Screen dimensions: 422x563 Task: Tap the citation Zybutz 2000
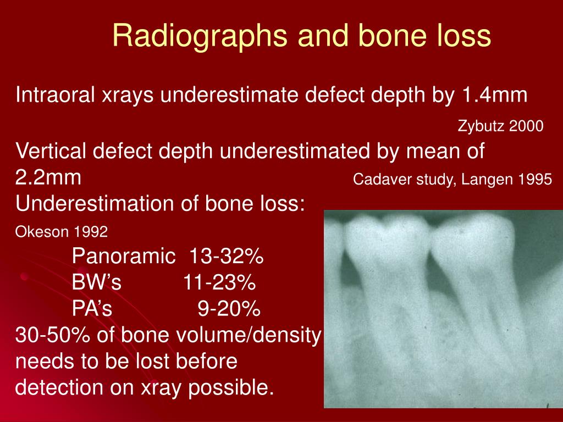click(500, 126)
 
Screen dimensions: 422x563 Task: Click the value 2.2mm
click(49, 178)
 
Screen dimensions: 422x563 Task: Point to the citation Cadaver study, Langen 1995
click(452, 180)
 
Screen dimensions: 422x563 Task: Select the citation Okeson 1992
click(62, 232)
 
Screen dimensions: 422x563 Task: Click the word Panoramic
click(119, 256)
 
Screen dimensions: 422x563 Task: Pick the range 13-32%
click(227, 256)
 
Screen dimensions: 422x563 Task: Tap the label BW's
click(96, 283)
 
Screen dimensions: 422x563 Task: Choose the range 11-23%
click(219, 283)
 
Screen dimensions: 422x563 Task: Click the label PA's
click(92, 309)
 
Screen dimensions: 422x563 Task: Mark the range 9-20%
click(228, 309)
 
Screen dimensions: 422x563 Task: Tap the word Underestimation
click(85, 204)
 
